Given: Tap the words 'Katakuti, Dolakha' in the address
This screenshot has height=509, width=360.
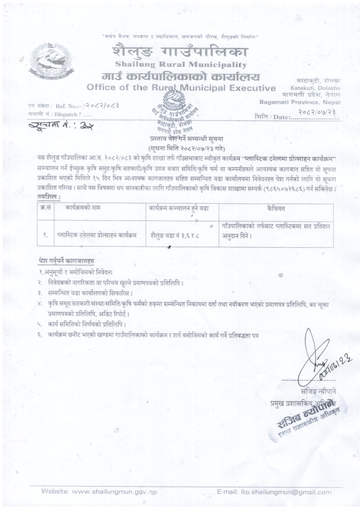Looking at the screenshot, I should (x=310, y=88).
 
